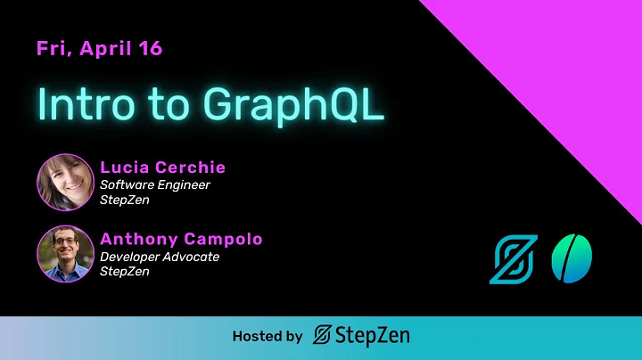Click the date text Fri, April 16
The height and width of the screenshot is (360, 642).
[x=99, y=49]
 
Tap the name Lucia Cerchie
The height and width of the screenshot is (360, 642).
[x=162, y=168]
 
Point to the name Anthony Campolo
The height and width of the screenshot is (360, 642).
[x=181, y=240]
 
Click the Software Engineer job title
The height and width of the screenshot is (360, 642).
[x=155, y=184]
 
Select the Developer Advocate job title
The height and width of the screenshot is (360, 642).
[x=160, y=257]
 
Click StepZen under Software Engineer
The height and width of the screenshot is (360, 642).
[x=125, y=200]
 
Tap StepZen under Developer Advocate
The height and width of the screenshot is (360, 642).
[x=125, y=272]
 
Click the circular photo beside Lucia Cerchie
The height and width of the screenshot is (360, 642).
[x=65, y=183]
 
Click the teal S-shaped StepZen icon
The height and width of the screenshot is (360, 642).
[x=514, y=259]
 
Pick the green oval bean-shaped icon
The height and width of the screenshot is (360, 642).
[x=572, y=258]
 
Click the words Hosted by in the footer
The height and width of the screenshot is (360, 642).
[x=267, y=337]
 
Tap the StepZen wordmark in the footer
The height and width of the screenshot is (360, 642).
[x=372, y=337]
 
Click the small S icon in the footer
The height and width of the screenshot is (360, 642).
[x=323, y=337]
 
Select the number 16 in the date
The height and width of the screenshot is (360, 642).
[x=150, y=49]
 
